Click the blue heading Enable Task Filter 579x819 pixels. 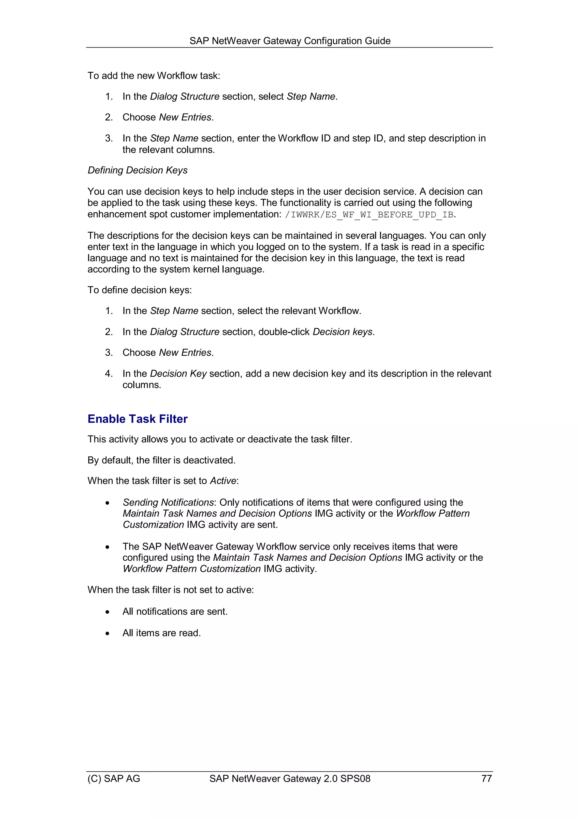pyautogui.click(x=137, y=419)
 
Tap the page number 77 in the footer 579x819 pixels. pyautogui.click(x=486, y=778)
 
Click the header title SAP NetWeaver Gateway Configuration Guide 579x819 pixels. pyautogui.click(x=290, y=41)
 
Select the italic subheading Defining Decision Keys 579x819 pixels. pyautogui.click(x=137, y=170)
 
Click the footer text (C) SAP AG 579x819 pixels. pyautogui.click(x=114, y=778)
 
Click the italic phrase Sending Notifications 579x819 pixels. pyautogui.click(x=168, y=502)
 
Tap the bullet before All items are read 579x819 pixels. pyautogui.click(x=107, y=634)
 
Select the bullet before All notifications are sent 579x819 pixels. pyautogui.click(x=107, y=612)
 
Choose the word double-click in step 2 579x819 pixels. pyautogui.click(x=284, y=332)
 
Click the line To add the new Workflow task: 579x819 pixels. pyautogui.click(x=154, y=75)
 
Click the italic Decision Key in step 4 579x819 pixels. pyautogui.click(x=178, y=373)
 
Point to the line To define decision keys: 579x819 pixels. pyautogui.click(x=139, y=290)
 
